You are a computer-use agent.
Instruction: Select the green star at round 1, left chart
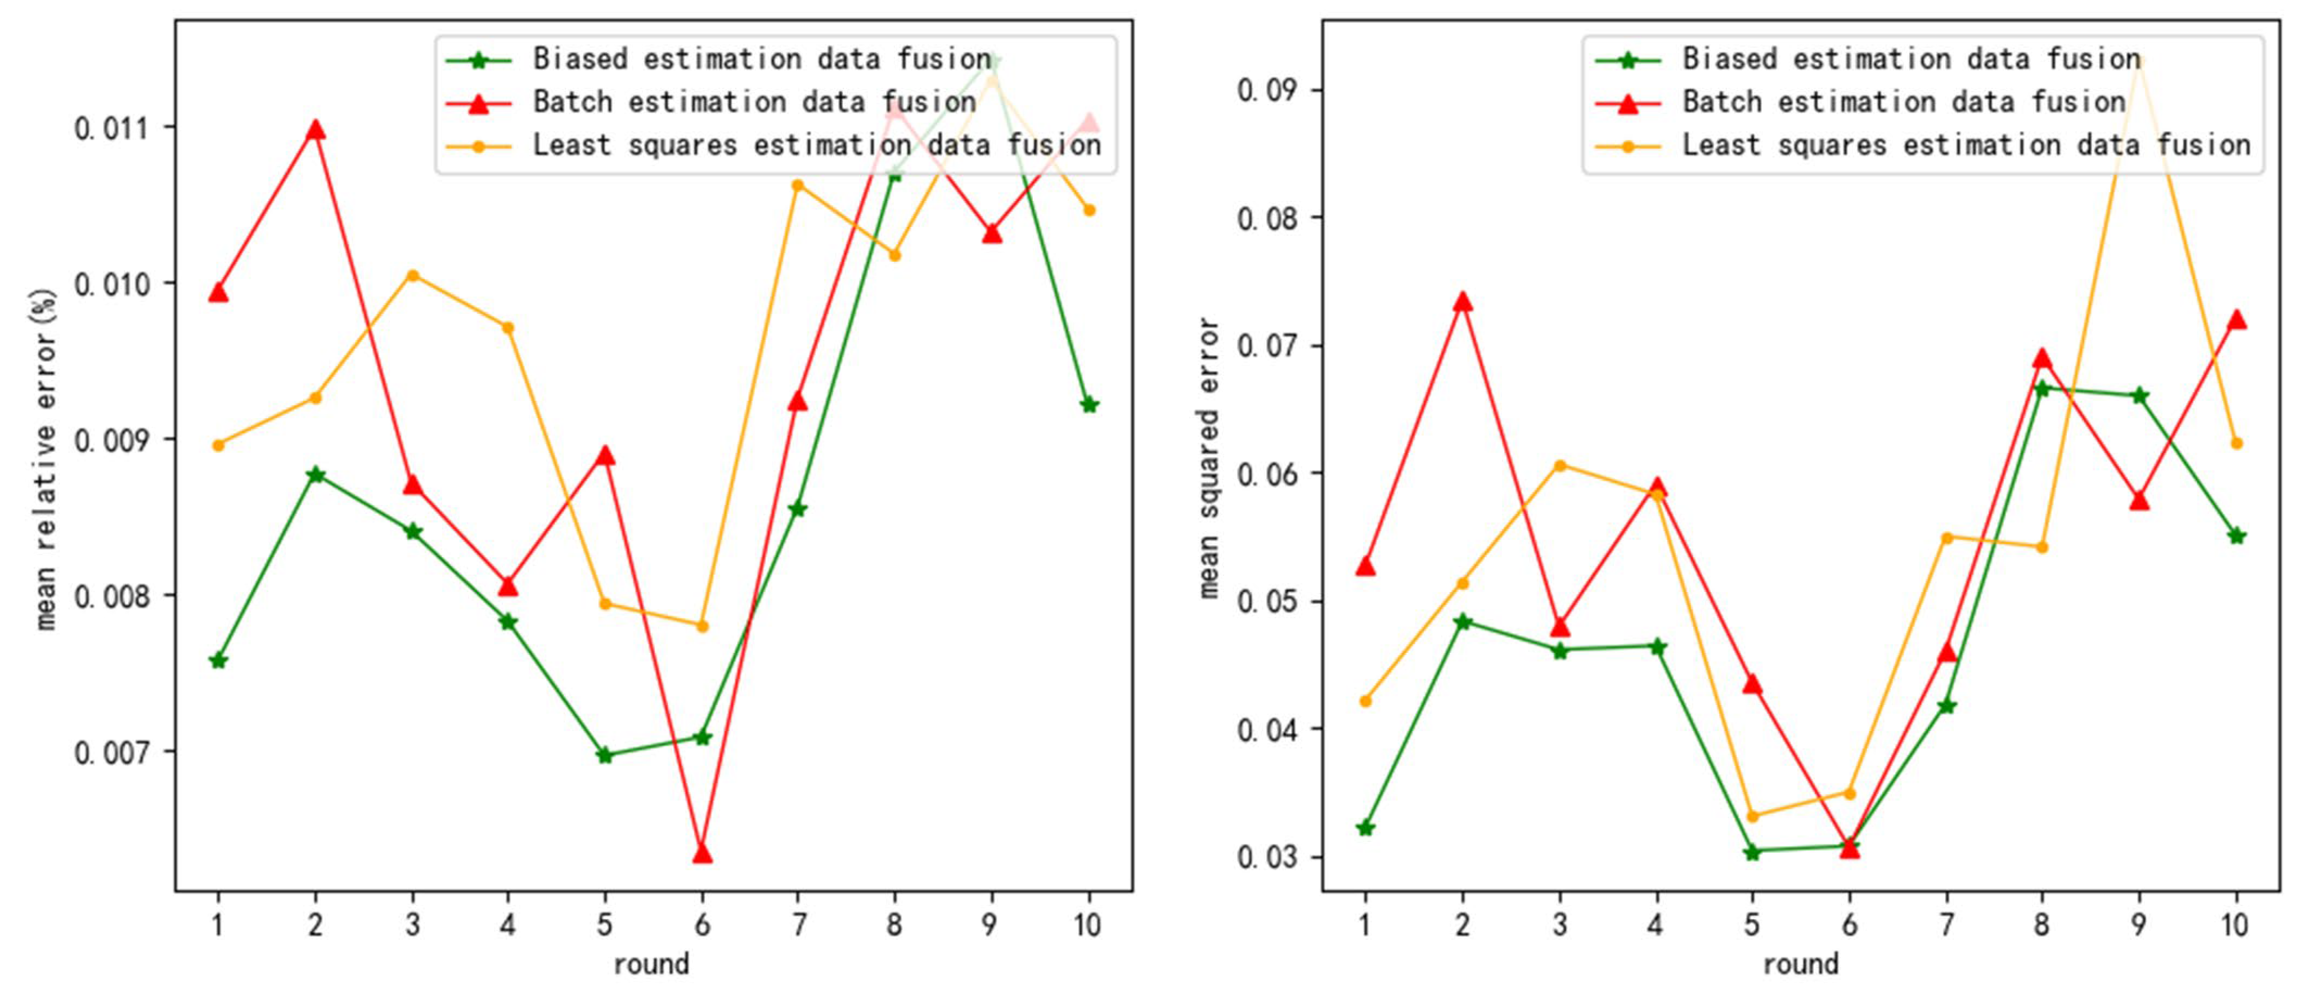coord(218,660)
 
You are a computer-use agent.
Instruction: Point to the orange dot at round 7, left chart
coord(798,186)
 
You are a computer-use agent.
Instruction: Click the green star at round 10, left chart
coord(1089,404)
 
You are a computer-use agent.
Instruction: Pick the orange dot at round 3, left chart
coord(412,276)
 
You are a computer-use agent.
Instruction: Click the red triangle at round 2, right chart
coord(1462,303)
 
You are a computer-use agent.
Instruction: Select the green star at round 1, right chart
coord(1365,828)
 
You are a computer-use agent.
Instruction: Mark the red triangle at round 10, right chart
coord(2236,320)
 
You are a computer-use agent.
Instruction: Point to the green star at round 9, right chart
coord(2138,395)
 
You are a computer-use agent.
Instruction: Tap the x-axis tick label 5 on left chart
coord(605,925)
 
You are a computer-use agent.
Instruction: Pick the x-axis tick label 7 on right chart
coord(1946,925)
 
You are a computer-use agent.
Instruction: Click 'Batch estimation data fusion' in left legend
coord(754,102)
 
